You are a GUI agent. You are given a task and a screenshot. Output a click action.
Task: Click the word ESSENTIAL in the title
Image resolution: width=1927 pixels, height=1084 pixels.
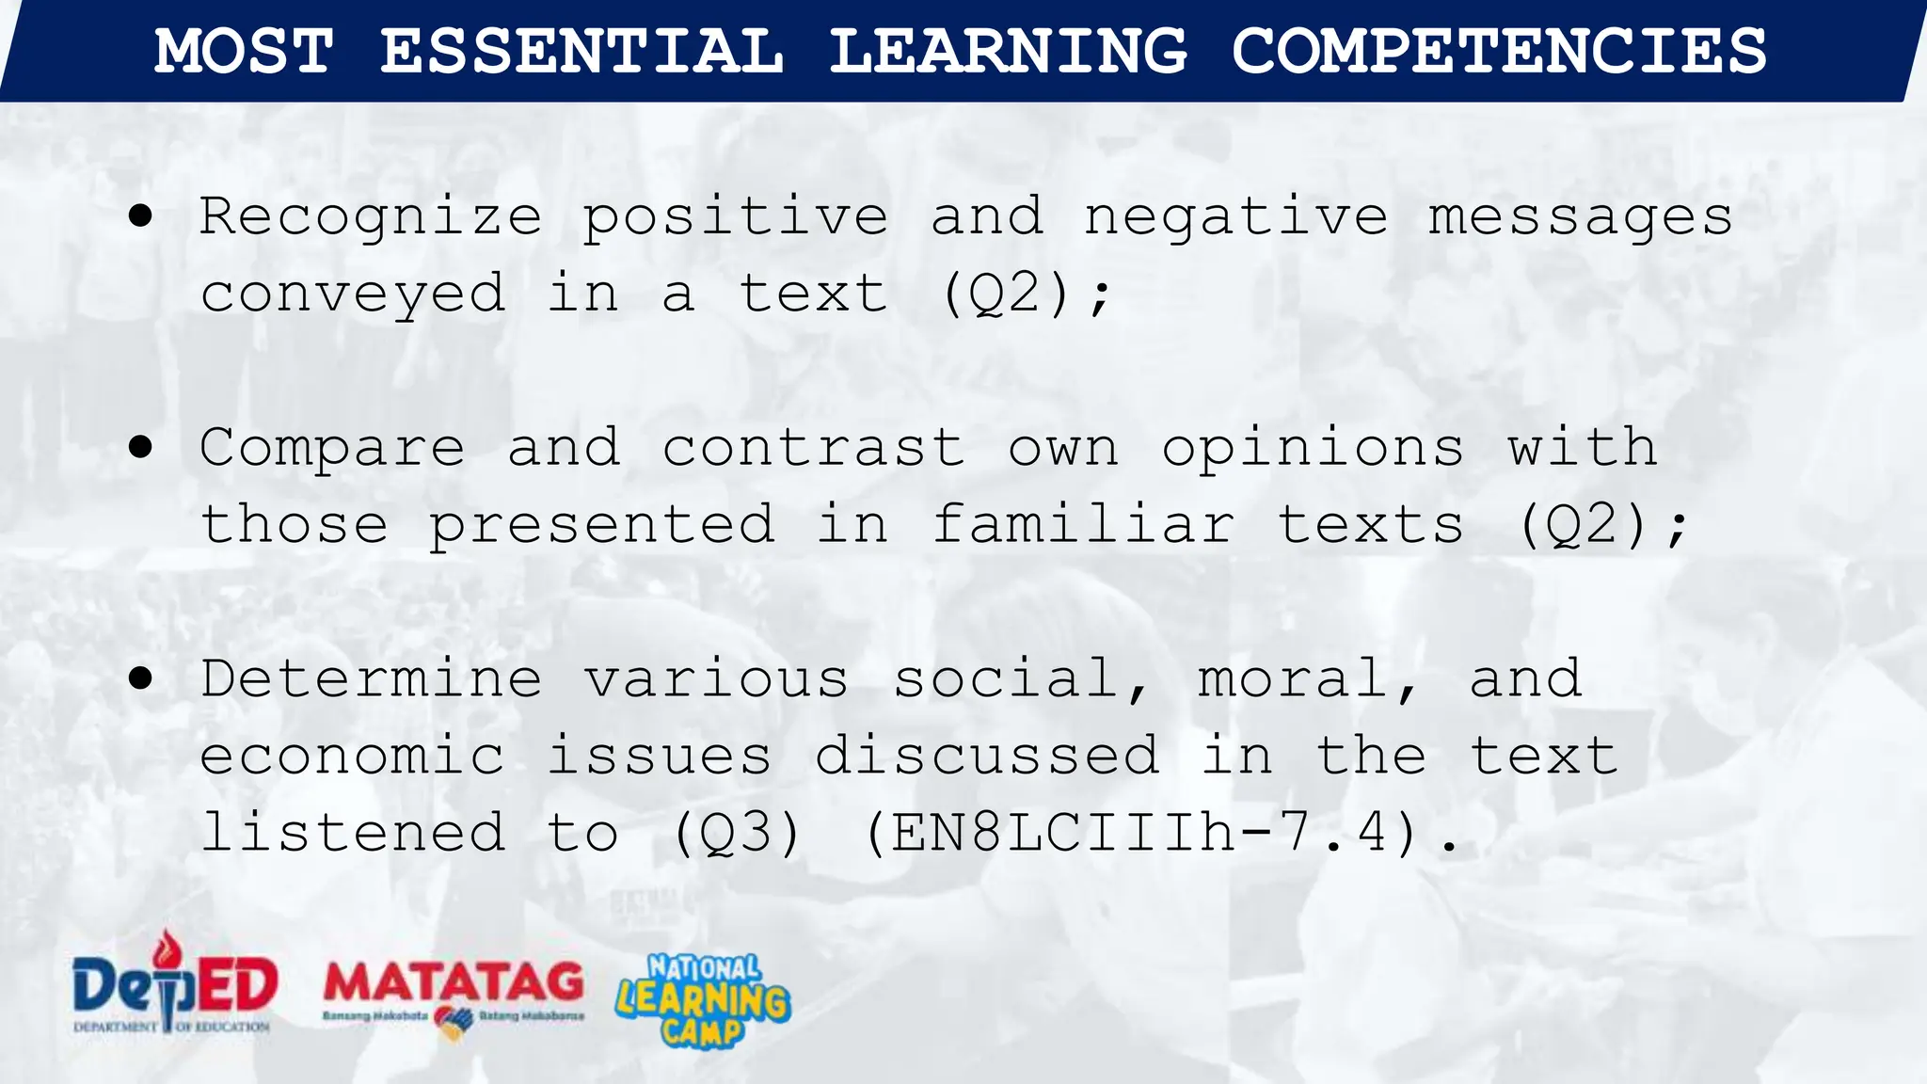581,51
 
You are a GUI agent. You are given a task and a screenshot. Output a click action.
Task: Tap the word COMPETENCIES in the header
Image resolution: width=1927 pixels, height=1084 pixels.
1499,51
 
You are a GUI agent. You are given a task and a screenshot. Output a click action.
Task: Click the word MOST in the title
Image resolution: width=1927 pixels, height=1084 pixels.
244,51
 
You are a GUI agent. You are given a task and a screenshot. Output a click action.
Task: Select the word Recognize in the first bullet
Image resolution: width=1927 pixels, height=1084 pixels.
371,218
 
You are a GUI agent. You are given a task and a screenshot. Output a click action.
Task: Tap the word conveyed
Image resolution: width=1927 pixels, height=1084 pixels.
353,295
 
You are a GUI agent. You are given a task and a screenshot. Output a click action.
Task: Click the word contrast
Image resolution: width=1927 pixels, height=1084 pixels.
813,448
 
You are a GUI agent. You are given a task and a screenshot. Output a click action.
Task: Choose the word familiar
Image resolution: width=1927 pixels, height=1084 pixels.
1082,524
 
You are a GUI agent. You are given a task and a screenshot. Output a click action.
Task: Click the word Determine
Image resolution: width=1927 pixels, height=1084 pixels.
371,679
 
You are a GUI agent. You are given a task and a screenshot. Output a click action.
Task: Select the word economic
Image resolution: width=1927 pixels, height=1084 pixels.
353,757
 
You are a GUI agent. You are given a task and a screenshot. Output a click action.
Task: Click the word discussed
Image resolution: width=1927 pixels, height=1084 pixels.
986,756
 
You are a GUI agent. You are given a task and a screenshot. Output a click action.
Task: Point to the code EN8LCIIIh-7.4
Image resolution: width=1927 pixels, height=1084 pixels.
1140,834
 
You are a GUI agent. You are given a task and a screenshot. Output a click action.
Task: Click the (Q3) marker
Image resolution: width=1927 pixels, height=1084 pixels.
737,834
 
